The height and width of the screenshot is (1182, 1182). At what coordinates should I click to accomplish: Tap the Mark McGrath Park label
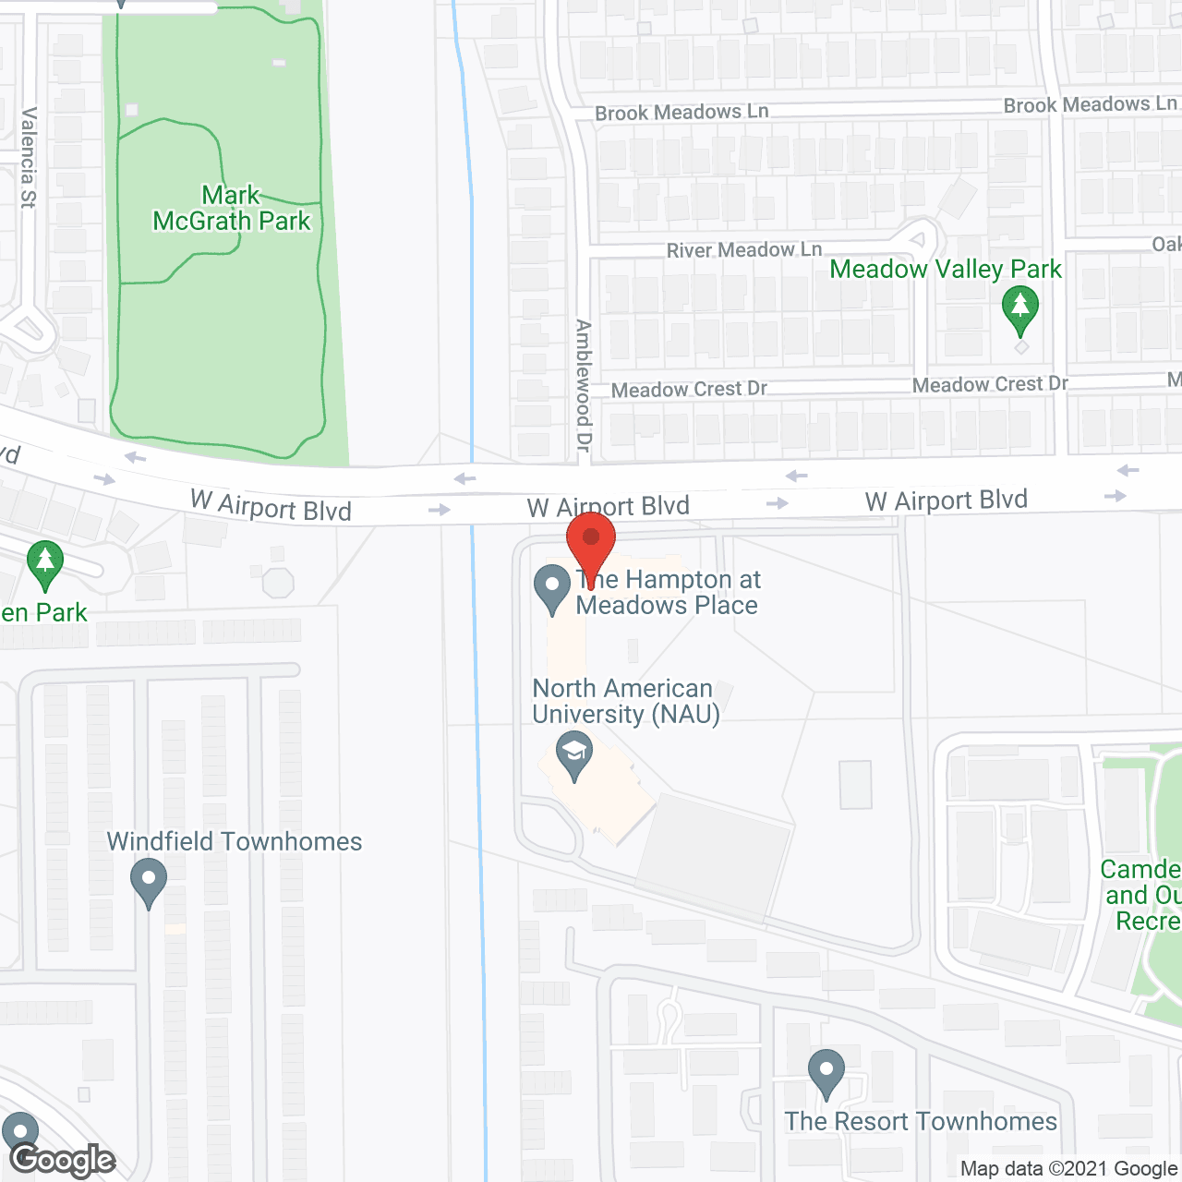[232, 209]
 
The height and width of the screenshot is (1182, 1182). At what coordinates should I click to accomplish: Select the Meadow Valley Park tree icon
[1020, 308]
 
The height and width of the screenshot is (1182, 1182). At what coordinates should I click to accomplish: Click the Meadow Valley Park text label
[946, 270]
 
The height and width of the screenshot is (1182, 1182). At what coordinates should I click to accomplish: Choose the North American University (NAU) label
[625, 702]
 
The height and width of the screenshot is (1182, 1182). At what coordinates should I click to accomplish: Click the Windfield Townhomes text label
[235, 842]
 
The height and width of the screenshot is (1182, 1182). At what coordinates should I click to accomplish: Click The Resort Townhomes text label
[921, 1122]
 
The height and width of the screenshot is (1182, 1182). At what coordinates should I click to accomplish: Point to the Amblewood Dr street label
[583, 385]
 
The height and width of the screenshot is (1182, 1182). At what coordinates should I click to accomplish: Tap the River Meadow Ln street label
[744, 250]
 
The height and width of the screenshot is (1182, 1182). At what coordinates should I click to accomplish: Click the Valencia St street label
[29, 158]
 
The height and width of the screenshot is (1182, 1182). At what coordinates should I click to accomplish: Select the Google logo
[63, 1160]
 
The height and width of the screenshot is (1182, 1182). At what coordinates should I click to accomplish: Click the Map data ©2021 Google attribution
[1068, 1169]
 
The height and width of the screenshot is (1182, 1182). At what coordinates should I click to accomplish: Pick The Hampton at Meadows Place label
[668, 593]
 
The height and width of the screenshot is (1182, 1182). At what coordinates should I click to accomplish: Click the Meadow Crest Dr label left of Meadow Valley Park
[689, 390]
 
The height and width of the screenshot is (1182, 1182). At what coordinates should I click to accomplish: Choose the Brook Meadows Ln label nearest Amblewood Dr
[681, 113]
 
